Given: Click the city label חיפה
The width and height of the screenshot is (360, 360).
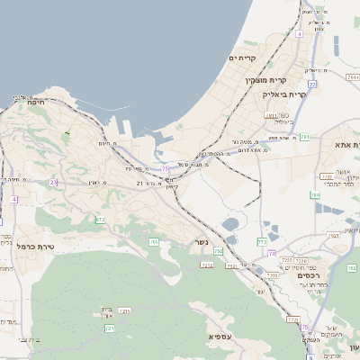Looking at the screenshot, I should [37, 103].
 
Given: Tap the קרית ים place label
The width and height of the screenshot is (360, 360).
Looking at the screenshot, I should [244, 59].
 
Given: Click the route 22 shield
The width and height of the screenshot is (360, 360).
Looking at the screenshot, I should [311, 84].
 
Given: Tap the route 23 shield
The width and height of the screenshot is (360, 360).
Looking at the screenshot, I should [54, 182].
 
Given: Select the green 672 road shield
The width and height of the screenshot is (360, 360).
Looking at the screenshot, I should [101, 220].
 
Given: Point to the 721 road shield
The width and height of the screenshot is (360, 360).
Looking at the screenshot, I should [110, 328].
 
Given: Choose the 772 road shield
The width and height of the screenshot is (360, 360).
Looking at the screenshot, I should [263, 241].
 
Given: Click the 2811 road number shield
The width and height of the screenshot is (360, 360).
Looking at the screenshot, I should [270, 116].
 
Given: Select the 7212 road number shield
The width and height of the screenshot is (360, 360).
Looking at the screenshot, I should [206, 265].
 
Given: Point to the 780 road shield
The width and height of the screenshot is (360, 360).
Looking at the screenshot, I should [317, 194].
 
